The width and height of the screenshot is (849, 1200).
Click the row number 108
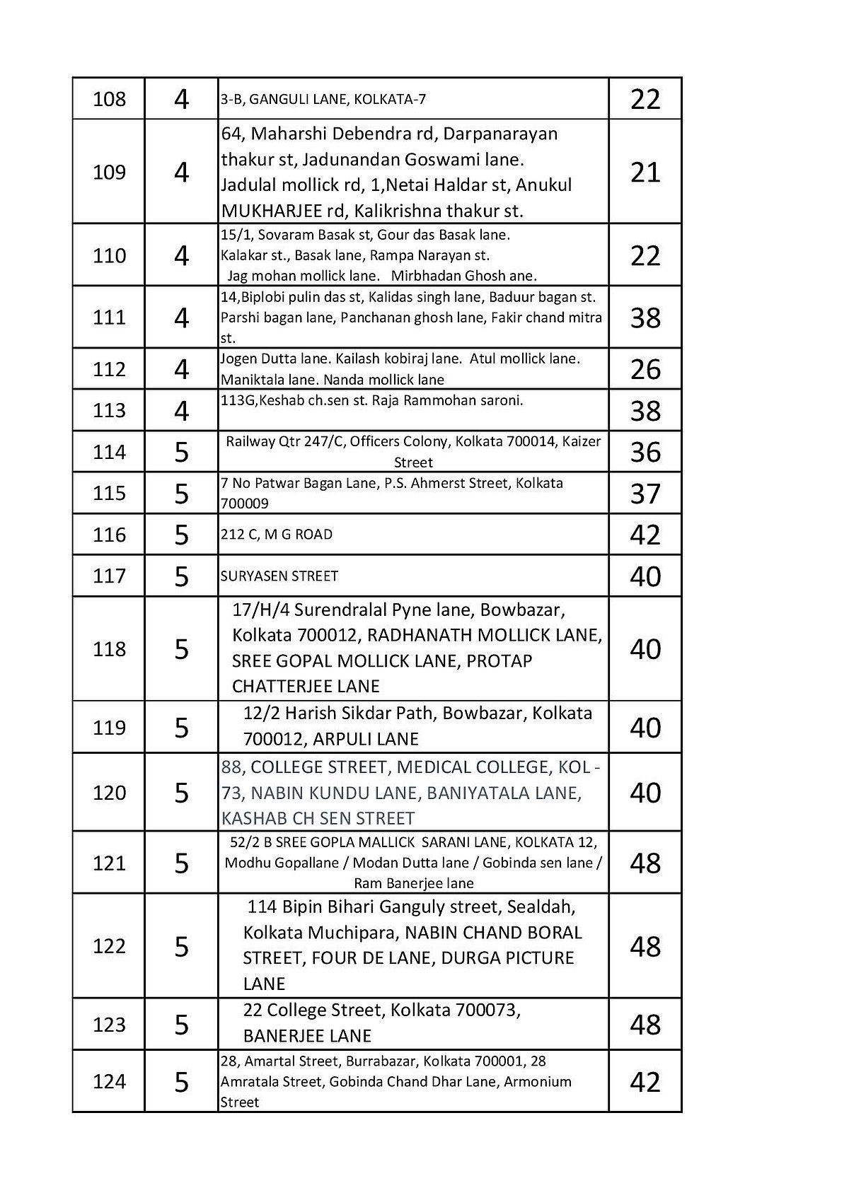109,99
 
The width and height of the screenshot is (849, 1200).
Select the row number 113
109,411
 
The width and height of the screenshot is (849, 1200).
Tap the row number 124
109,1082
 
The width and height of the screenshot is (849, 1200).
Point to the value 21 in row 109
645,173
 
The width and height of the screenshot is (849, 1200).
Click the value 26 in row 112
645,369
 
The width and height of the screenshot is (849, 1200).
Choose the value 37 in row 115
645,494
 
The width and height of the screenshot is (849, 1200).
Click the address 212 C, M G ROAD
276,535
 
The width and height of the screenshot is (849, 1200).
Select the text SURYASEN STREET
279,576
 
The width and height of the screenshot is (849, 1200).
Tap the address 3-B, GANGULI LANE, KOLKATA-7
323,99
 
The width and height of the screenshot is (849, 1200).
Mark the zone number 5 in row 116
182,535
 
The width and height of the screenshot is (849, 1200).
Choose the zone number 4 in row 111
182,318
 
